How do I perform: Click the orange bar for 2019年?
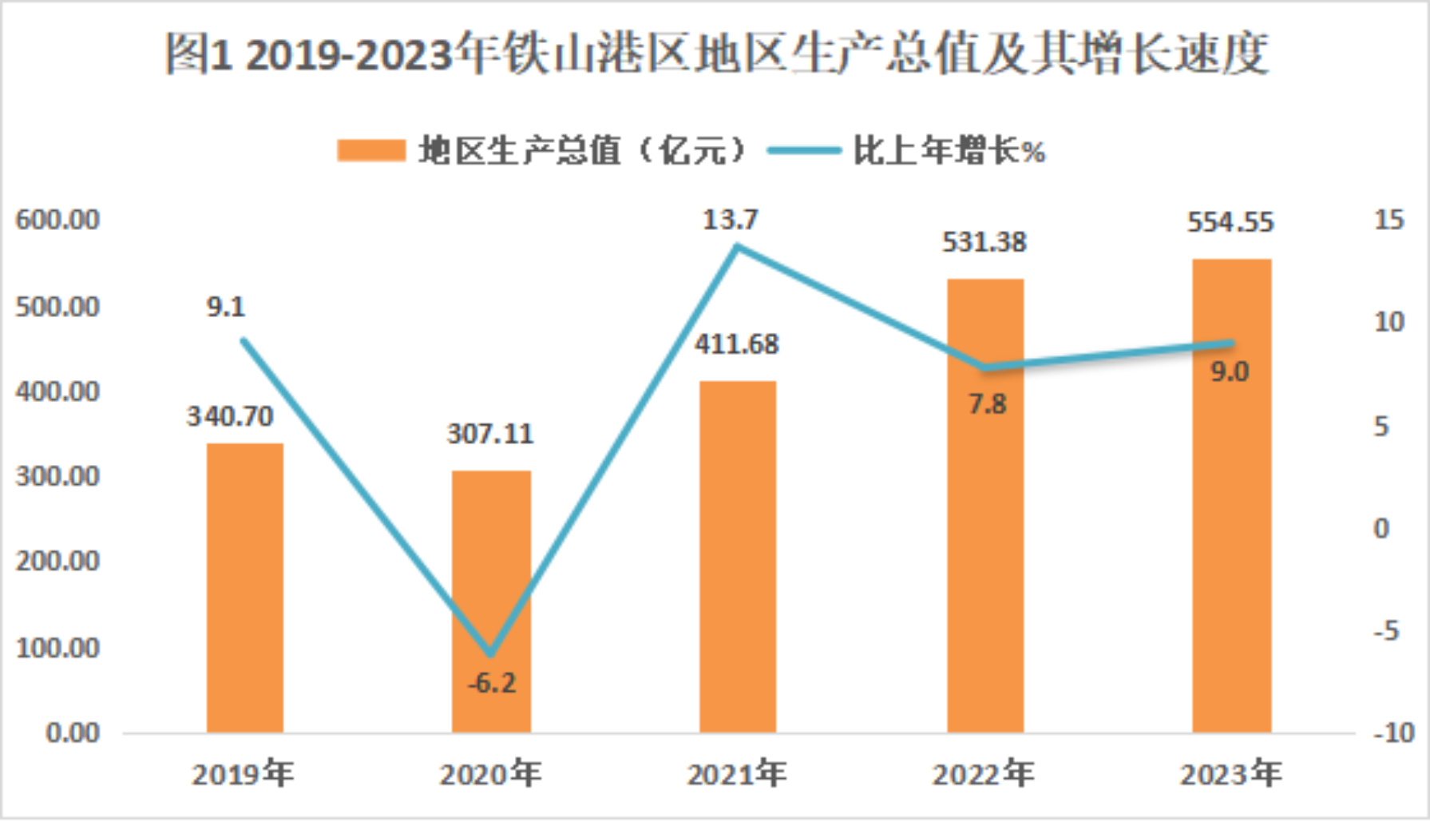245,588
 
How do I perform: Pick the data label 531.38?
984,242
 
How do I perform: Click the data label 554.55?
1230,222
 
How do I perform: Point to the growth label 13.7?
730,220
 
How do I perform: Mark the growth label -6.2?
492,683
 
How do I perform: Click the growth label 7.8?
987,404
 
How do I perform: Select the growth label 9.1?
226,307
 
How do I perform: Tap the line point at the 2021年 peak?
738,247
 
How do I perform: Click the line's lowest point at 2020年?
491,654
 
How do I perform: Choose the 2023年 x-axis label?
1230,774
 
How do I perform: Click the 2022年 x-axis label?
984,774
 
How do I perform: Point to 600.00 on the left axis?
57,220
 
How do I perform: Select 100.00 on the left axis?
57,648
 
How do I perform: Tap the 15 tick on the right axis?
1388,220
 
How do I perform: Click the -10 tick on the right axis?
1393,733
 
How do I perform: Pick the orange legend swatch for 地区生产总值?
371,150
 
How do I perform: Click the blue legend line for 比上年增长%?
803,150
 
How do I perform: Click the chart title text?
716,54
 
